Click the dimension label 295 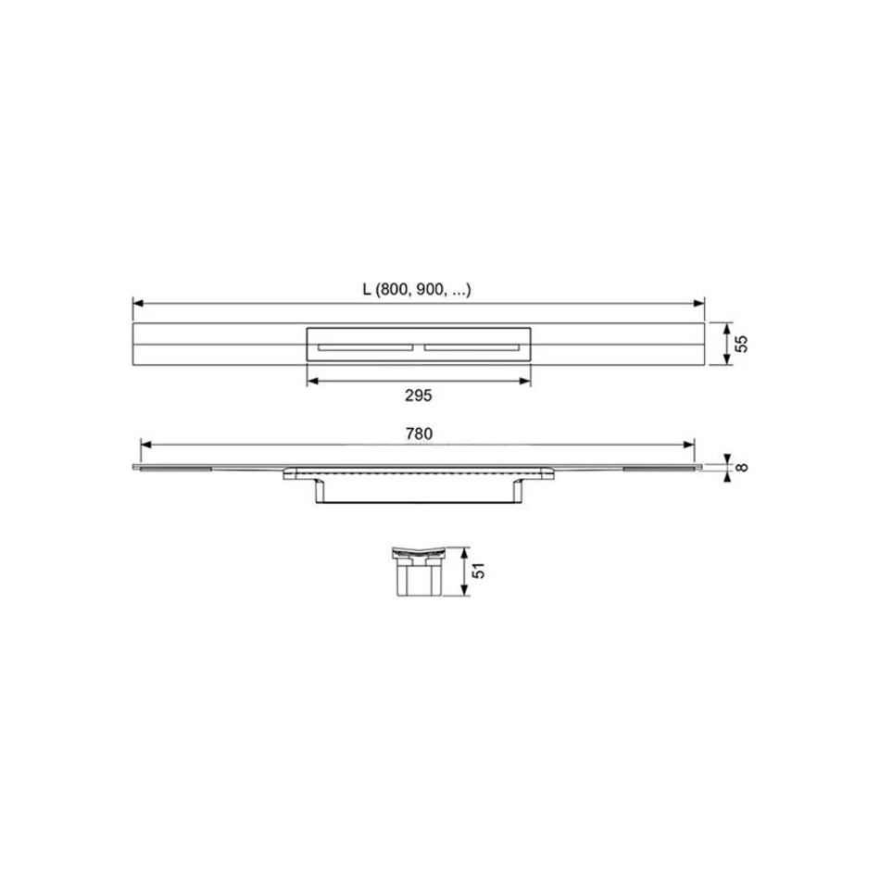tap(418, 396)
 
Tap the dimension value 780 tap(419, 434)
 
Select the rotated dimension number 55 tap(741, 344)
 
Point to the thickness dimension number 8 tap(741, 467)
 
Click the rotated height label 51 tap(478, 571)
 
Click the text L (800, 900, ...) tap(417, 290)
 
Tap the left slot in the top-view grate tap(365, 348)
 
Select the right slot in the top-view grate tap(472, 348)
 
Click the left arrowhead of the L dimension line tap(138, 304)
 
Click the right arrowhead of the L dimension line tap(699, 304)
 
